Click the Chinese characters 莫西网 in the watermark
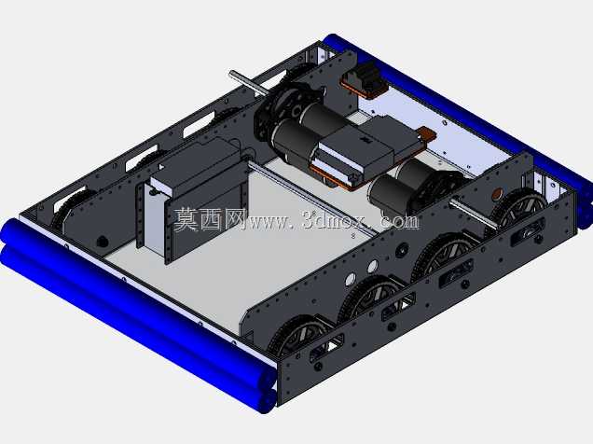(x=210, y=219)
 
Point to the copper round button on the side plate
(x=497, y=194)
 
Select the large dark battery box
(x=193, y=197)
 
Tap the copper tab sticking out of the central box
(x=427, y=135)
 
